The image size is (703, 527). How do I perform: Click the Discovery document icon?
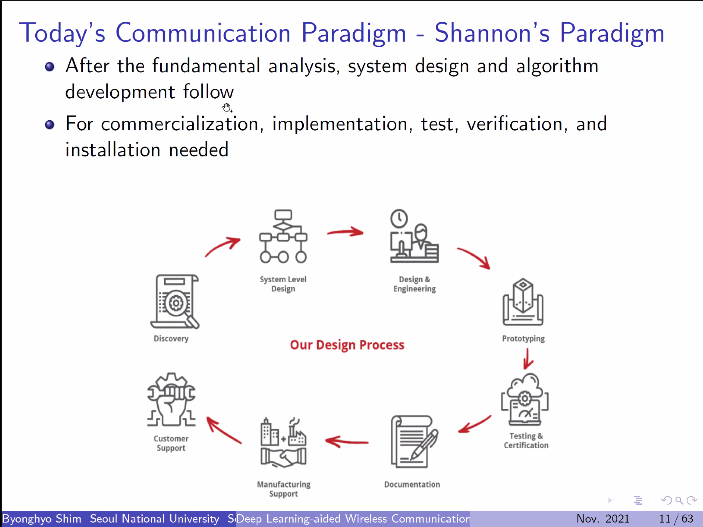coord(175,301)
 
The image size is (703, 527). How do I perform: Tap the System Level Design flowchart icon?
coord(283,236)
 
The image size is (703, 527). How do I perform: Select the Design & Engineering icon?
coord(414,236)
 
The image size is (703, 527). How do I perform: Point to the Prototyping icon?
coord(523,302)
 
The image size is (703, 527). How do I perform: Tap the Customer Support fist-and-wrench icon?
coord(171,399)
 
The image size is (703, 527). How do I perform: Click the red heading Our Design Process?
coord(347,345)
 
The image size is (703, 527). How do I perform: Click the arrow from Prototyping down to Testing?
coord(528,359)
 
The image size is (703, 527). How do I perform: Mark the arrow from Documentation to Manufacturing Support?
coord(347,441)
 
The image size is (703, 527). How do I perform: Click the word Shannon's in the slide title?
coord(492,33)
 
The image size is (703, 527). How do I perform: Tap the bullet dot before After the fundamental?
coord(50,67)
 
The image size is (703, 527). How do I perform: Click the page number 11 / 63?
coord(676,519)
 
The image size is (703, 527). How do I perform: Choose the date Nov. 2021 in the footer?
coord(603,519)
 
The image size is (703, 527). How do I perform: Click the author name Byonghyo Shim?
coord(42,519)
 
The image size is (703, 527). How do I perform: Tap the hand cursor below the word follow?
coord(227,107)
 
